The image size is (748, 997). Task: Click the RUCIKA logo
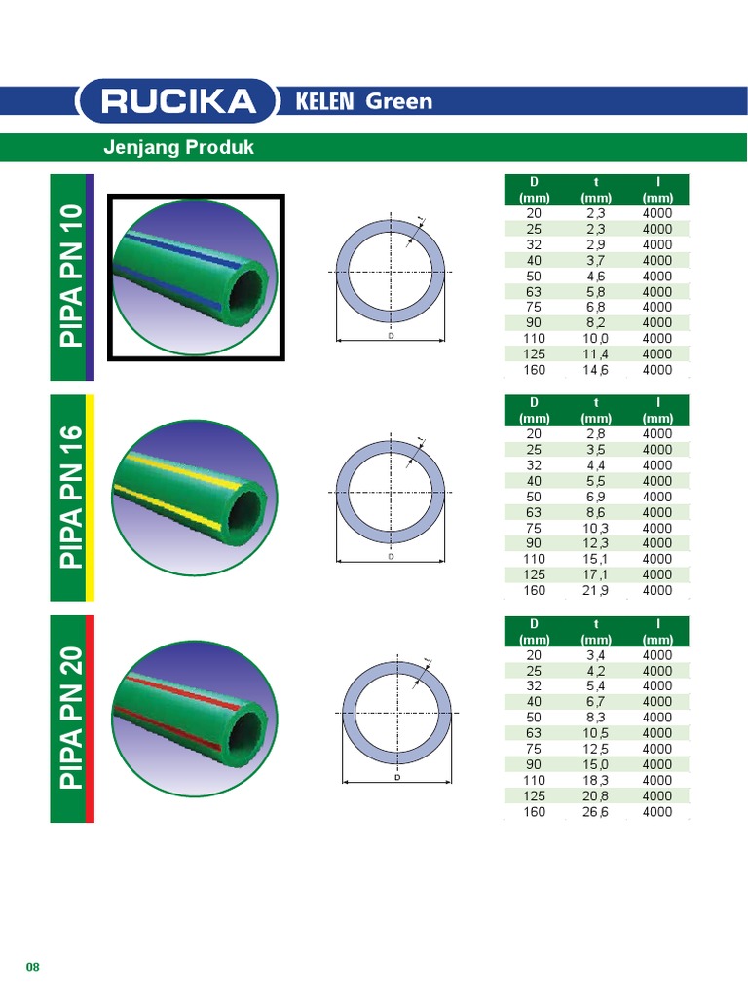pos(175,101)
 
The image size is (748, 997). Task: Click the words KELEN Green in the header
pos(364,101)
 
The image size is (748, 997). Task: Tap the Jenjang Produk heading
pos(178,148)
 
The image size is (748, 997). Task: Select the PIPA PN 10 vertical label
pos(72,277)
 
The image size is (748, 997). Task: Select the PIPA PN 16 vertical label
pos(72,498)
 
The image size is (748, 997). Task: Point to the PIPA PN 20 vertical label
pos(72,719)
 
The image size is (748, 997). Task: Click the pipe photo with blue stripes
pos(195,277)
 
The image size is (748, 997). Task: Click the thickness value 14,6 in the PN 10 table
pos(596,370)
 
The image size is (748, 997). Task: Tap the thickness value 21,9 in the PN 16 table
pos(596,590)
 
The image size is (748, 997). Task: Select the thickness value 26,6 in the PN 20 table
pos(596,811)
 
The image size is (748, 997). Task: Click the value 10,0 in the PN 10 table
pos(596,339)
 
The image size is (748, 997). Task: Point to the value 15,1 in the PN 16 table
pos(596,559)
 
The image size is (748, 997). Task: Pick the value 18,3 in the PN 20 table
pos(596,780)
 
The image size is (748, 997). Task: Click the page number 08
pos(32,967)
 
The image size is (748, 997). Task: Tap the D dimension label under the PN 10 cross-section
pos(391,336)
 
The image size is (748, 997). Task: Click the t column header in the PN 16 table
pos(596,402)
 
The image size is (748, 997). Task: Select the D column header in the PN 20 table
pos(534,623)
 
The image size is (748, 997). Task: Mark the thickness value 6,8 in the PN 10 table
pos(596,308)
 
